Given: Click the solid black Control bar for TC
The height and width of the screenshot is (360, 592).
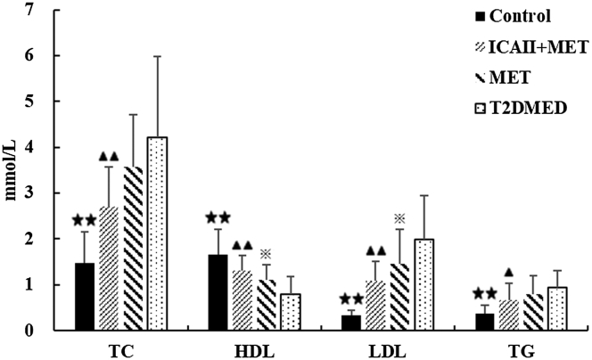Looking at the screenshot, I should click(x=84, y=297).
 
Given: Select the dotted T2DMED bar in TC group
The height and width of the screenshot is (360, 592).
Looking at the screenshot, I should click(x=157, y=233).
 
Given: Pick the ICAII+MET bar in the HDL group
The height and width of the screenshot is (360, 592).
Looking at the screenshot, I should click(x=242, y=300).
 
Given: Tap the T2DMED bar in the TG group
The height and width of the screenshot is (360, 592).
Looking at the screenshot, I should click(x=557, y=308).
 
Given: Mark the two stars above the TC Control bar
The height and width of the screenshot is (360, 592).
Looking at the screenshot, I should click(x=84, y=220).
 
